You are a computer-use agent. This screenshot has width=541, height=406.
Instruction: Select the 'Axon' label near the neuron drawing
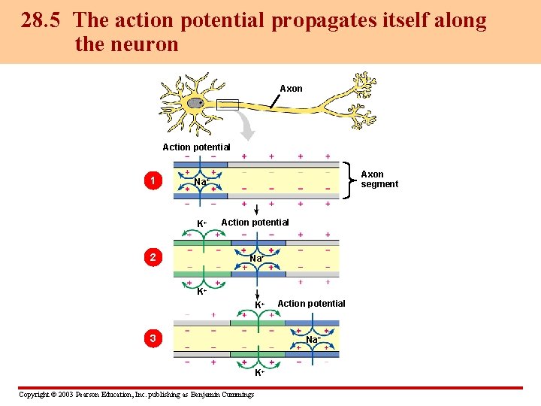291,89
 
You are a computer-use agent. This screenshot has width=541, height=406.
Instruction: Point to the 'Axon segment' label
379,179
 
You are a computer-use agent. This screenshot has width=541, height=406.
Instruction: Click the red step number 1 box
153,180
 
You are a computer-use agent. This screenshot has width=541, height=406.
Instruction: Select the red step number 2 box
153,258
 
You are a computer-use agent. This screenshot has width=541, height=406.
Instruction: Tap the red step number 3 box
153,338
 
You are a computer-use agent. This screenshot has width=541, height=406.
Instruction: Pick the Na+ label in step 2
256,259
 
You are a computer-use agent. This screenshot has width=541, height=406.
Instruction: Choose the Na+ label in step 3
313,340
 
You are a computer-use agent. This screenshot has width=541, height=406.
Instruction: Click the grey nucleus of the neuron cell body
196,103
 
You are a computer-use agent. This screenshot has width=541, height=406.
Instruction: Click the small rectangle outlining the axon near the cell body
227,105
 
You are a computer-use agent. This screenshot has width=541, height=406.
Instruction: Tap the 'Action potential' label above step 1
196,147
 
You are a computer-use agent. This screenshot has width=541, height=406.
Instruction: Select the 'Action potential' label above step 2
255,222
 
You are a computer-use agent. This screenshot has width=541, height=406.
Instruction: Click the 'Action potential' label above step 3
311,303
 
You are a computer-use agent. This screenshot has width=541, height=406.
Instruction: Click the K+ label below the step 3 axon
258,373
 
